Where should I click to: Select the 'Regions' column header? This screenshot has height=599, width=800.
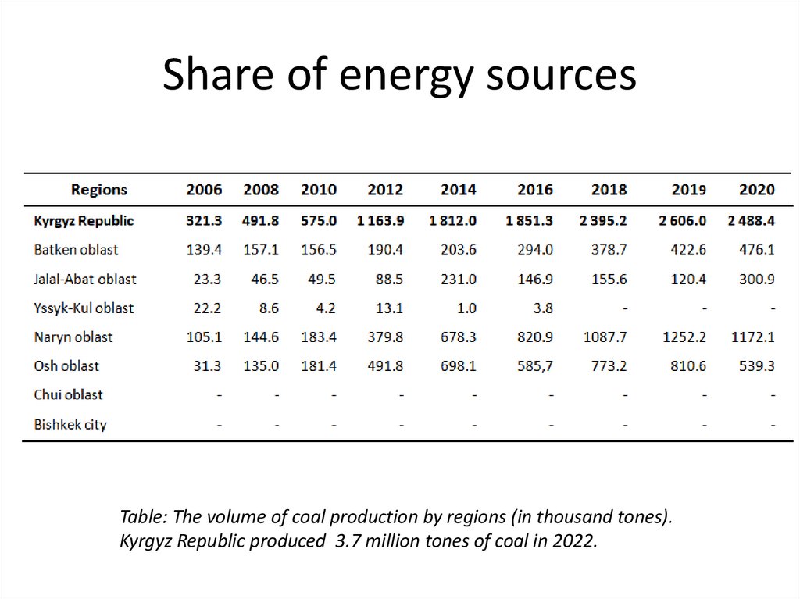(98, 190)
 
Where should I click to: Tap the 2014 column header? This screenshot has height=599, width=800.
(458, 190)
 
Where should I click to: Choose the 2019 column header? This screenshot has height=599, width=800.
(688, 190)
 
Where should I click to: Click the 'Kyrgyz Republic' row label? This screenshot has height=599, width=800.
(84, 221)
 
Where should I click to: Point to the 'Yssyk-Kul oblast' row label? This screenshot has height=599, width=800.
(84, 308)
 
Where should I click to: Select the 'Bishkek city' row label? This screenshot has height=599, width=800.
(70, 425)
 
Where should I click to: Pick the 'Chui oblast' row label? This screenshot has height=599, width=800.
(68, 395)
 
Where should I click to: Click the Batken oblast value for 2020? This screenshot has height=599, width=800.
(756, 250)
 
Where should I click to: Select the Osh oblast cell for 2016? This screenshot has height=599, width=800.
(536, 366)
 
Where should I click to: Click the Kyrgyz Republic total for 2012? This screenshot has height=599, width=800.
(380, 221)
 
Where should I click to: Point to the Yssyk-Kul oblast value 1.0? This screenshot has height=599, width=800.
(466, 308)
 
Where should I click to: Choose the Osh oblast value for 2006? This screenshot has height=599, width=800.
(206, 366)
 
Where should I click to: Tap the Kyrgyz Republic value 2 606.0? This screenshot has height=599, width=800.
(682, 221)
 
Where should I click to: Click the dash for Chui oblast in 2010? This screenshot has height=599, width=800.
(334, 395)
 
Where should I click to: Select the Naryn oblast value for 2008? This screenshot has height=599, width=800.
(261, 337)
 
